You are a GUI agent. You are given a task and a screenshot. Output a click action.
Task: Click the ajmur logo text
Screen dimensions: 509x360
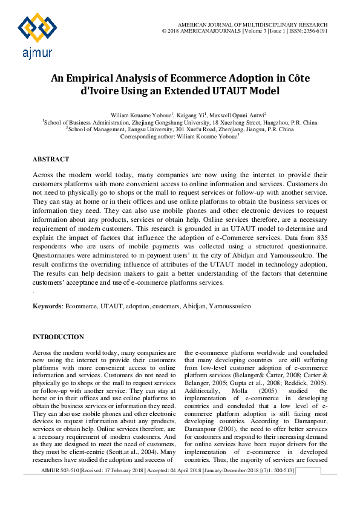tap(36, 54)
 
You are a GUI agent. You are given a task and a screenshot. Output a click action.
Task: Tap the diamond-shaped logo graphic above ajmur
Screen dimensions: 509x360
tap(37, 28)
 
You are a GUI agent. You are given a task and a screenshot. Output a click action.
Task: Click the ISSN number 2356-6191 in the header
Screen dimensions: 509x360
tap(315, 30)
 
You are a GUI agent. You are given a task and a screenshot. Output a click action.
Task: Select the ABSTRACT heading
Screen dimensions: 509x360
tap(51, 159)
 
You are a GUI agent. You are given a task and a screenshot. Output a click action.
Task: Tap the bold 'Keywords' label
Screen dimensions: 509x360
tap(47, 306)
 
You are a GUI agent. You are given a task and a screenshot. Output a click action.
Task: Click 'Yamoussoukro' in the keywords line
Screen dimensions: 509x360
tap(230, 306)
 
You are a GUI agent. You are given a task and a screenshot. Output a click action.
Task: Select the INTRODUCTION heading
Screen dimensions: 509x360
tap(58, 337)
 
